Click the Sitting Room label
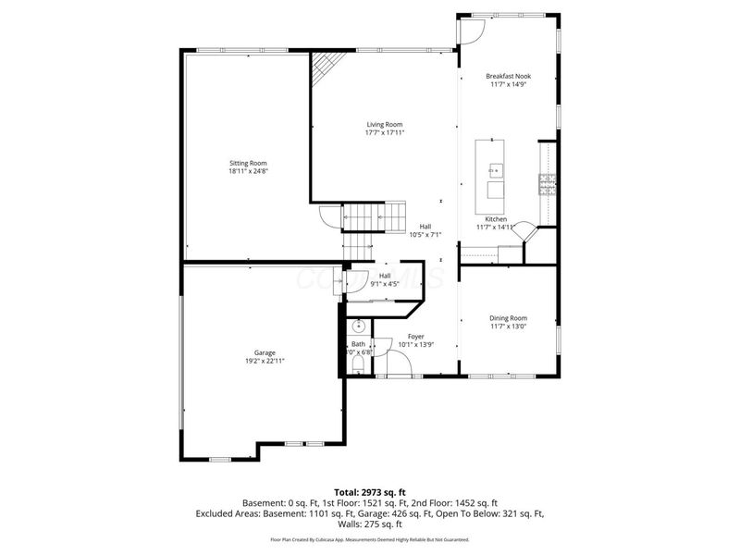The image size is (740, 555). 248,163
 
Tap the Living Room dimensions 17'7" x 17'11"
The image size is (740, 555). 385,132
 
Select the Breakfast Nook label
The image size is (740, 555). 508,77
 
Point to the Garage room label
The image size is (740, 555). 265,352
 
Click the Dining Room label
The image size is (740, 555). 508,319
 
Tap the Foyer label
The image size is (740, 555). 415,337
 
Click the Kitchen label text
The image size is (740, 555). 497,219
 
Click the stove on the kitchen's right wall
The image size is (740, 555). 548,185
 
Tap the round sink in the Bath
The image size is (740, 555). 358,327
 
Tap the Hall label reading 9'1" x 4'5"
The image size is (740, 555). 384,279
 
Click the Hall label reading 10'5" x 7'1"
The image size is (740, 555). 425,230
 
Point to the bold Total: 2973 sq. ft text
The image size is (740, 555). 369,492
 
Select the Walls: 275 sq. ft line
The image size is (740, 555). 370,524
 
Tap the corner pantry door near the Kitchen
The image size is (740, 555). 524,230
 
